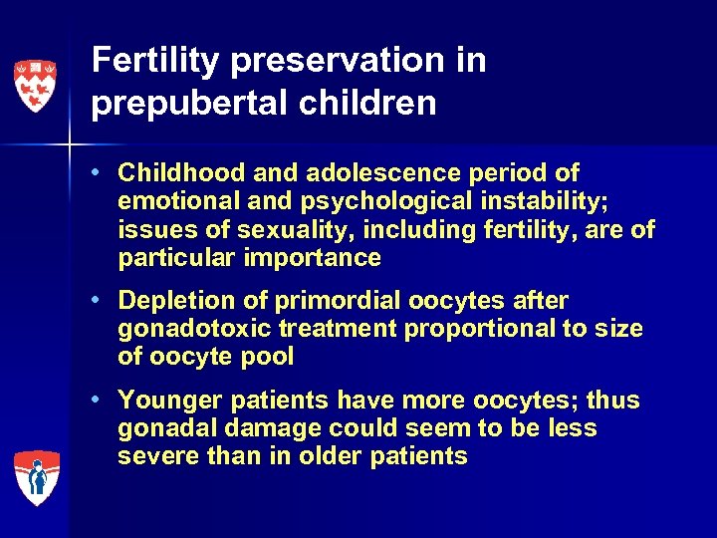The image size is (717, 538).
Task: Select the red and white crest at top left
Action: click(35, 84)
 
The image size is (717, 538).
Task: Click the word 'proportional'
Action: click(459, 329)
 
